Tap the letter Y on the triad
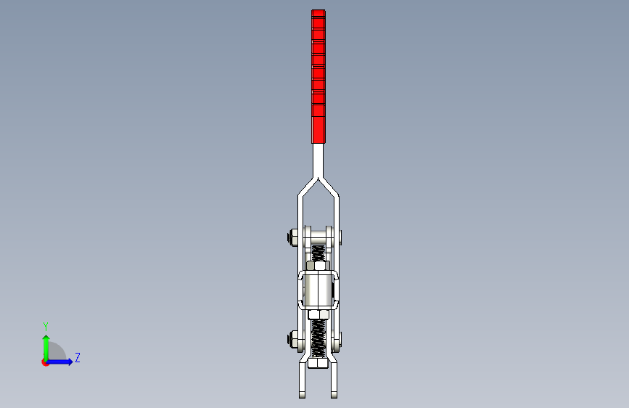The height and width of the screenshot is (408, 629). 46,326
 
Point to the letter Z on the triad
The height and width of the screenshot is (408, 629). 77,358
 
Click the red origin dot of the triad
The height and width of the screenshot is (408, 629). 45,362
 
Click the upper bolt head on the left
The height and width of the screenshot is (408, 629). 292,237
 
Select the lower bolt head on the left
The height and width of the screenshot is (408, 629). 292,338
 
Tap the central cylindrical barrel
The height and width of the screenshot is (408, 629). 318,289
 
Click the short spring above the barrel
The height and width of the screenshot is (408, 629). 318,254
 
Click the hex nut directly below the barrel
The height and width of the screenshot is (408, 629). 318,314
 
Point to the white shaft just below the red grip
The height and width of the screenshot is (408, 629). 318,156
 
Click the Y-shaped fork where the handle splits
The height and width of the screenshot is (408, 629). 318,179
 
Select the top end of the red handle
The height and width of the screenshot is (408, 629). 318,13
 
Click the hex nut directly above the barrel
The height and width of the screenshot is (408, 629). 318,267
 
